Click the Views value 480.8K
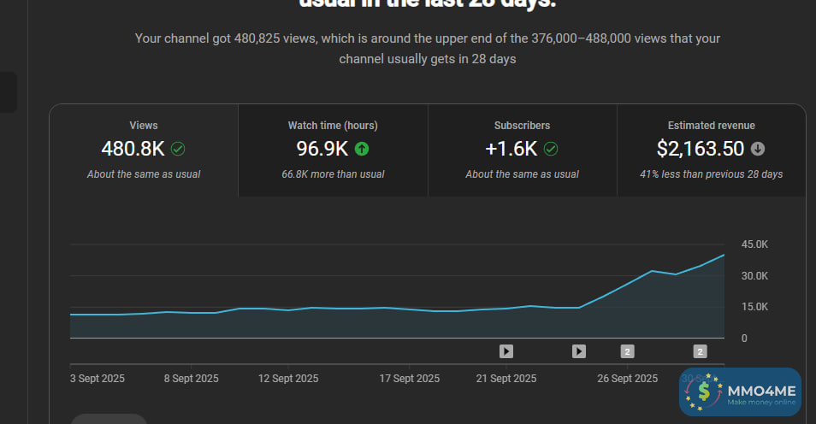pyautogui.click(x=133, y=149)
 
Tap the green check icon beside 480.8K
pyautogui.click(x=178, y=149)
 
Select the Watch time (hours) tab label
pyautogui.click(x=333, y=126)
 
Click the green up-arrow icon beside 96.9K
pyautogui.click(x=362, y=149)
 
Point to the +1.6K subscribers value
pyautogui.click(x=511, y=149)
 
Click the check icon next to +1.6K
pyautogui.click(x=551, y=149)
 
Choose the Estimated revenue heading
pyautogui.click(x=712, y=126)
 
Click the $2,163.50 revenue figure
pyautogui.click(x=701, y=149)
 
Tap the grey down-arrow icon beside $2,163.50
pyautogui.click(x=758, y=149)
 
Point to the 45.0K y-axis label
pyautogui.click(x=754, y=244)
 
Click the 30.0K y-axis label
pyautogui.click(x=754, y=276)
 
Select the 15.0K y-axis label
pyautogui.click(x=754, y=307)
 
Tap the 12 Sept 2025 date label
pyautogui.click(x=288, y=378)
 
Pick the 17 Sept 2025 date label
pyautogui.click(x=409, y=378)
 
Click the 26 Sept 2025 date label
pyautogui.click(x=627, y=378)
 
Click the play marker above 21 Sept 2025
pyautogui.click(x=506, y=350)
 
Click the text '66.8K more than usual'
pyautogui.click(x=333, y=174)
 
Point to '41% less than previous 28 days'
pyautogui.click(x=712, y=174)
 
